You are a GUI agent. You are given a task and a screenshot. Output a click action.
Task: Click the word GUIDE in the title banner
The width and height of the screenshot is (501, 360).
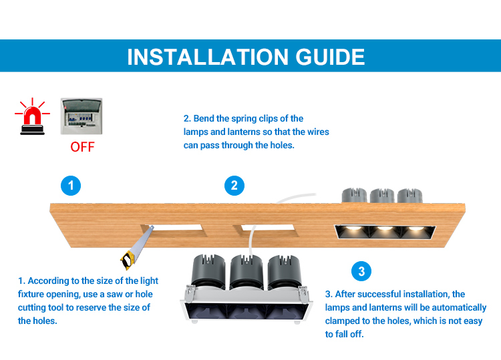330,57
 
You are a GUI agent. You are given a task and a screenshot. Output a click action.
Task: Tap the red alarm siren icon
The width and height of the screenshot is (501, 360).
32,117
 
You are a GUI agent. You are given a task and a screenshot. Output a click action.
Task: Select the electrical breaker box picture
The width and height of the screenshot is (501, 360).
81,116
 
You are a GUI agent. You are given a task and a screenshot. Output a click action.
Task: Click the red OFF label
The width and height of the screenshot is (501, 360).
82,147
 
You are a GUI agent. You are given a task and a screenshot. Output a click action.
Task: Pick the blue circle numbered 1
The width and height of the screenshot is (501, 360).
71,186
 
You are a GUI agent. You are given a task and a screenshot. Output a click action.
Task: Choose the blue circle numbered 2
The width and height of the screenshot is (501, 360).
234,186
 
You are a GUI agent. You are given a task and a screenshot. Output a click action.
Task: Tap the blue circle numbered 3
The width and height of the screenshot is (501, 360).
361,271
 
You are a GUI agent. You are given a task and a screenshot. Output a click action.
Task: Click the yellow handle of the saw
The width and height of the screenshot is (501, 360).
127,260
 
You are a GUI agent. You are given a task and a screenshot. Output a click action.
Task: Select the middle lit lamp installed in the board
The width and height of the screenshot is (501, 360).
385,231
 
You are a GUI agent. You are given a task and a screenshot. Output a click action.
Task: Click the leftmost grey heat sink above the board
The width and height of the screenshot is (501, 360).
354,195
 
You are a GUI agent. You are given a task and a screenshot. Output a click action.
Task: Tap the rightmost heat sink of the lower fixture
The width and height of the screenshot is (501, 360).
284,272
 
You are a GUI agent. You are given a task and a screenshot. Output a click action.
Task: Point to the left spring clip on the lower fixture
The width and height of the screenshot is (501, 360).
190,291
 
